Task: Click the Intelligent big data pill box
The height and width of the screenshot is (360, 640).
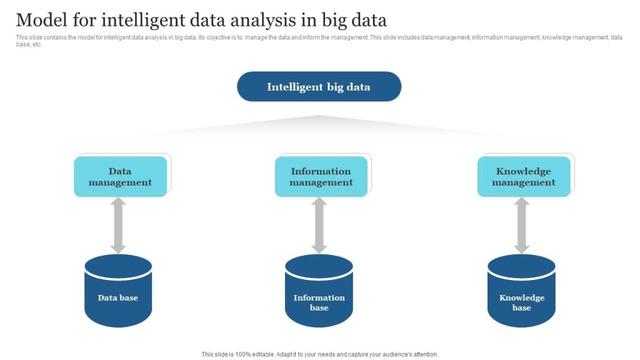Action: tap(319, 87)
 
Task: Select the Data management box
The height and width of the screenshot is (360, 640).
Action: tap(121, 177)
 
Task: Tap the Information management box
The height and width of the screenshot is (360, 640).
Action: tap(321, 177)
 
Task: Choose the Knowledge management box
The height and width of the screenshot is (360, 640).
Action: tap(524, 177)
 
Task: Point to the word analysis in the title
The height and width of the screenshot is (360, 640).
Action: tap(270, 21)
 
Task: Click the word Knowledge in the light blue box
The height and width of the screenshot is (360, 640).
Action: tap(524, 171)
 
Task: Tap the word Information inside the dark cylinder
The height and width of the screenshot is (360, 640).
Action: tap(319, 297)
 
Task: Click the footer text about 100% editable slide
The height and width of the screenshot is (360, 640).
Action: tap(320, 354)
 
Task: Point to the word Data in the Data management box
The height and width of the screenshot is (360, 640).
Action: tap(120, 171)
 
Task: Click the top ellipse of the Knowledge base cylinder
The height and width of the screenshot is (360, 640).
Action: tap(521, 265)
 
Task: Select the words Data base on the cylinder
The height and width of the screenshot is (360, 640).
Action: tap(118, 297)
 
